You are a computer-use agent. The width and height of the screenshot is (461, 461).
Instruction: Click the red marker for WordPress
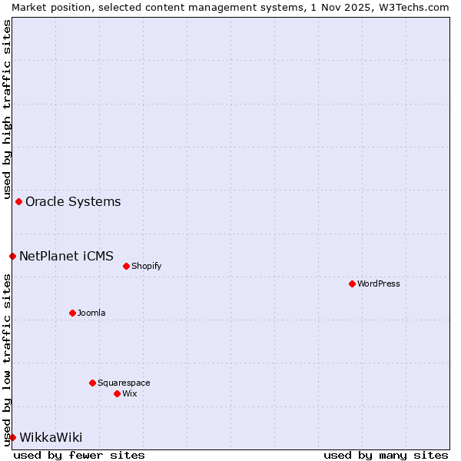[352, 284]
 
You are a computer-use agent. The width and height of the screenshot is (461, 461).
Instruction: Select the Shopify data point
[126, 266]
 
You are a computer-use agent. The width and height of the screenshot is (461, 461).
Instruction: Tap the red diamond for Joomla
[72, 313]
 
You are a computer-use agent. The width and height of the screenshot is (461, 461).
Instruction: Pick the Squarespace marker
[92, 383]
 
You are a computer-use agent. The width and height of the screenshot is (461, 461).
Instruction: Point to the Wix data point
[117, 393]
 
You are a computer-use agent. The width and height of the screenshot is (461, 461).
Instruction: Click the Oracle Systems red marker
[18, 201]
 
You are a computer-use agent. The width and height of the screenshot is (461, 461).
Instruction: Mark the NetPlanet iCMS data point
[12, 256]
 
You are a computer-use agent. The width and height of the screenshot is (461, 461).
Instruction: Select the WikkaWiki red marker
[12, 437]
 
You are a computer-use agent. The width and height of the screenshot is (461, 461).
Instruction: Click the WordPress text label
[379, 284]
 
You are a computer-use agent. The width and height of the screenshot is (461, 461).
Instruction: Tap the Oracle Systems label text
[73, 202]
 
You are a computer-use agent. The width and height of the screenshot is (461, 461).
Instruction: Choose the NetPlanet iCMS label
[66, 256]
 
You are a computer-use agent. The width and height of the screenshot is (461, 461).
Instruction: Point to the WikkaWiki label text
[51, 438]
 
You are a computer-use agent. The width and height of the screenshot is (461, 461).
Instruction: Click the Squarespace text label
[124, 383]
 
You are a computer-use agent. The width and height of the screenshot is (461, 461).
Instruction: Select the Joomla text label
[91, 313]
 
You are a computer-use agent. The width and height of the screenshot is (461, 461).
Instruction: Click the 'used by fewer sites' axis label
[79, 455]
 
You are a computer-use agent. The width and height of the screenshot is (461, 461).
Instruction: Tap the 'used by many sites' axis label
[386, 455]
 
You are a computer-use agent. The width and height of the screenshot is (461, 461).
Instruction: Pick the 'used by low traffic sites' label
[7, 360]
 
